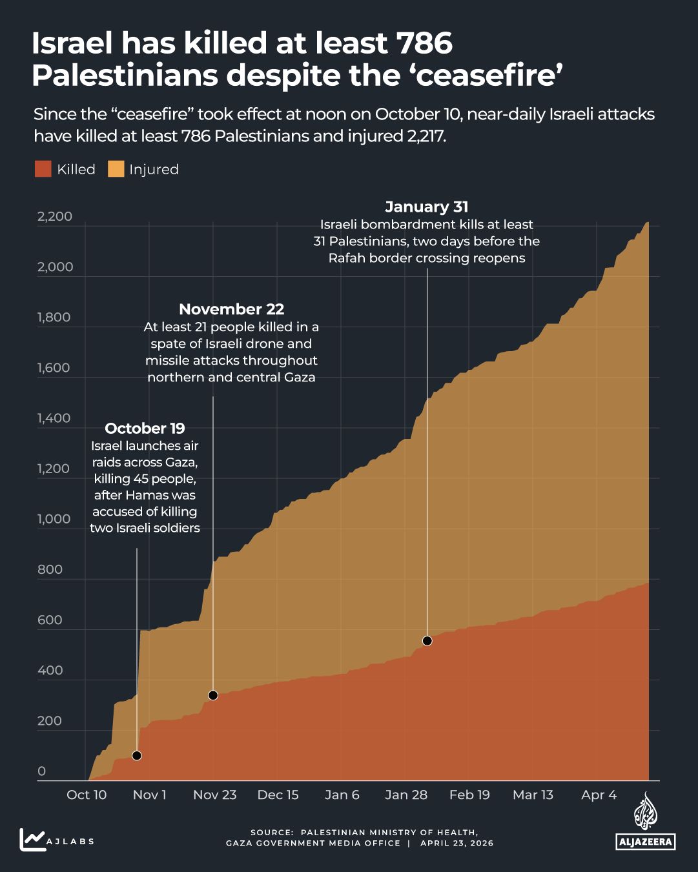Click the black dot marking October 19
coord(136,756)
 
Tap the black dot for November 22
coord(213,695)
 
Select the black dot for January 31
coord(427,641)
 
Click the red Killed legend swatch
coord(43,169)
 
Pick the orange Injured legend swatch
coord(116,169)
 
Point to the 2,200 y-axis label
coord(55,216)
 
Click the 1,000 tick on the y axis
coord(54,519)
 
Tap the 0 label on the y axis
coord(42,771)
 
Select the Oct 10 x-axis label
coord(87,795)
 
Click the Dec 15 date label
coord(278,795)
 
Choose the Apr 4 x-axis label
coord(599,795)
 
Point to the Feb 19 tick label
coord(469,795)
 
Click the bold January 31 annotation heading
coord(426,207)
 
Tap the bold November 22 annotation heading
coord(231,309)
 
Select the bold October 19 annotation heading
coord(145,429)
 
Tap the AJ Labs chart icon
coord(32,840)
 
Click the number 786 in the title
coord(424,44)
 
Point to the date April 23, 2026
coord(457,843)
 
